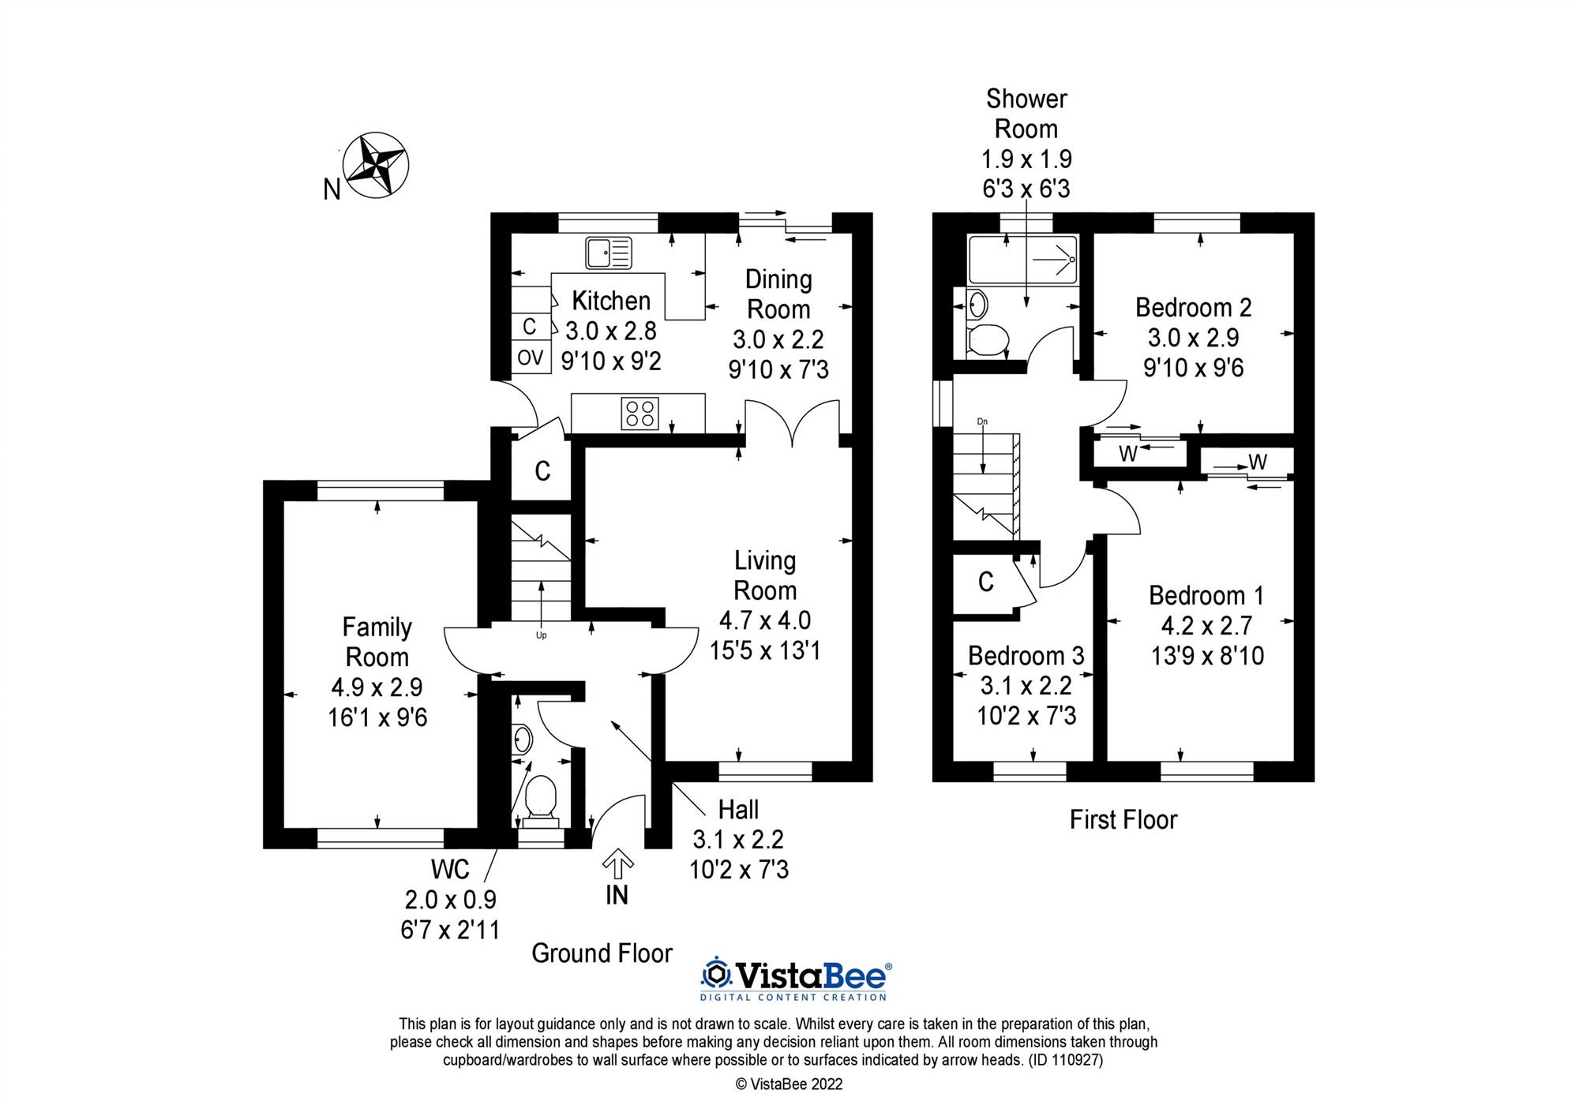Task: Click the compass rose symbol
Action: click(x=377, y=165)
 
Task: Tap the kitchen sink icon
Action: click(x=608, y=253)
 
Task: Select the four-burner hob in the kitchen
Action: click(x=640, y=414)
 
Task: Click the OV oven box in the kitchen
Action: click(x=531, y=358)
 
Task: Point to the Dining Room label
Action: click(x=778, y=294)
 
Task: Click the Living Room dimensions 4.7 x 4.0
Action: click(x=764, y=620)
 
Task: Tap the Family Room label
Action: click(x=377, y=642)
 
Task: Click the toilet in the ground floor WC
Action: click(x=541, y=796)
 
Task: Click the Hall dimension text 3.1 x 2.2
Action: click(x=738, y=839)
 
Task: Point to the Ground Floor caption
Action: click(x=602, y=953)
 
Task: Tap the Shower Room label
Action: click(x=1026, y=114)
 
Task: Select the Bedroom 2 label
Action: click(x=1193, y=307)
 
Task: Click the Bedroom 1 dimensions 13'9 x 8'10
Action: click(x=1207, y=656)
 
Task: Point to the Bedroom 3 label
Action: click(x=1026, y=656)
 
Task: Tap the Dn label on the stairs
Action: click(x=982, y=421)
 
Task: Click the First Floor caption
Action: click(x=1123, y=819)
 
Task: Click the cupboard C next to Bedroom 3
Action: click(x=985, y=582)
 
